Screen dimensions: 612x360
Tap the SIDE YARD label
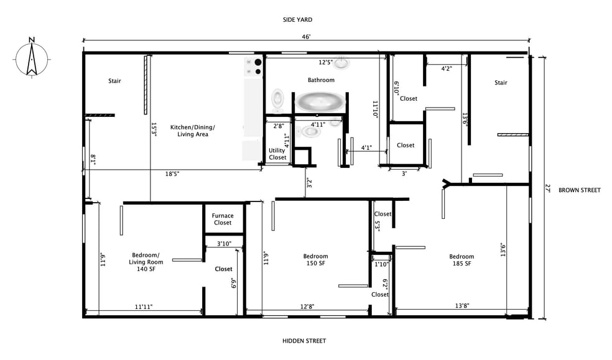(x=297, y=19)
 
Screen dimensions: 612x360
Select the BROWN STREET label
(x=579, y=190)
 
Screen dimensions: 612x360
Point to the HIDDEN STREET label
(x=304, y=341)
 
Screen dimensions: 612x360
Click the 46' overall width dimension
(x=306, y=37)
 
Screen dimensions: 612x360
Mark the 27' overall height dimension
(x=547, y=188)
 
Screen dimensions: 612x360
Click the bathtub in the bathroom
(x=320, y=101)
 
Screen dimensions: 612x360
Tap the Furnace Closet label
(x=223, y=219)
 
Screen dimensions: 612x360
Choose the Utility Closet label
(x=277, y=154)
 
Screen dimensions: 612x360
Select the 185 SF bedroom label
(x=461, y=260)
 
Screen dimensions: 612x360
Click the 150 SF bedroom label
(x=315, y=260)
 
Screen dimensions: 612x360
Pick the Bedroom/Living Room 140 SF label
(x=146, y=262)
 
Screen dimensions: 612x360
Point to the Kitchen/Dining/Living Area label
(x=192, y=131)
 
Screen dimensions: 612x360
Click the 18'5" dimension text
(x=172, y=174)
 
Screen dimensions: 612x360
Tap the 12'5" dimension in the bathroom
(x=325, y=62)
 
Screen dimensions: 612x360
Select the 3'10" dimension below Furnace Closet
(x=224, y=244)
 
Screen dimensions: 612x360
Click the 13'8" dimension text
(x=462, y=306)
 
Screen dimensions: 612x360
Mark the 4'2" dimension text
(x=447, y=68)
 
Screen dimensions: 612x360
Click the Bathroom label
(x=321, y=80)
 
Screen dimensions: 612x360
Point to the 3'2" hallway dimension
(x=309, y=183)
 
